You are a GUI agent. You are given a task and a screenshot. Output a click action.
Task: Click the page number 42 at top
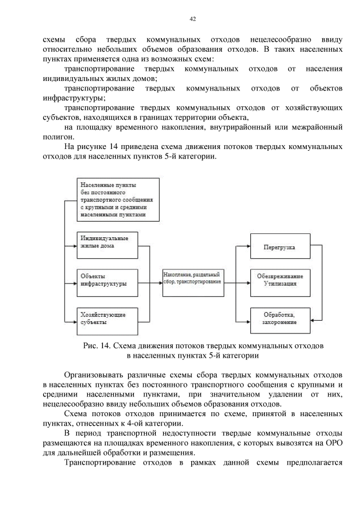coord(192,19)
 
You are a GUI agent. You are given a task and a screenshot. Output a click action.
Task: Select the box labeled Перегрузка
coord(279,247)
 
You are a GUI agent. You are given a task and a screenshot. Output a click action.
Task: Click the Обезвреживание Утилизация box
coord(279,281)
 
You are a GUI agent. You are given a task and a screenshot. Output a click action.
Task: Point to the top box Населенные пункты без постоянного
coord(118,200)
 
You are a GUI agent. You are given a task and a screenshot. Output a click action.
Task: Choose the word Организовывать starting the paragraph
coord(93,374)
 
